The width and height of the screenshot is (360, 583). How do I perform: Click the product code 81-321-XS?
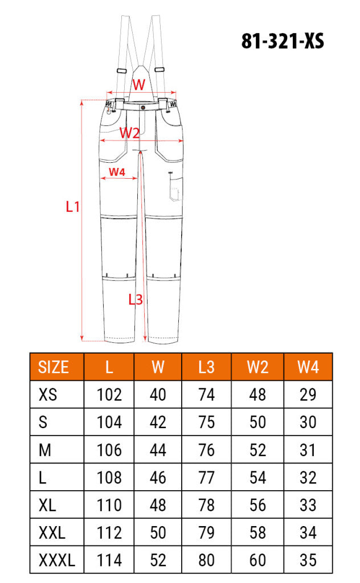pyautogui.click(x=283, y=41)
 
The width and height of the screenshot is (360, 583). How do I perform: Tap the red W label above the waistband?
pyautogui.click(x=139, y=84)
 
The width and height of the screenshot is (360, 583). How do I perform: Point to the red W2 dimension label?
pyautogui.click(x=129, y=133)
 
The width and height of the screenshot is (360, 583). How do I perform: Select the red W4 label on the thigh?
pyautogui.click(x=117, y=172)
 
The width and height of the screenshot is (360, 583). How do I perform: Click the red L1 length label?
pyautogui.click(x=72, y=206)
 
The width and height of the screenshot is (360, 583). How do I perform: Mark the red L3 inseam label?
pyautogui.click(x=136, y=299)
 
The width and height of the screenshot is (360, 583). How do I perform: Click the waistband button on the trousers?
pyautogui.click(x=143, y=107)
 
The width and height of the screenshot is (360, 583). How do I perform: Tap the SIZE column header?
pyautogui.click(x=53, y=367)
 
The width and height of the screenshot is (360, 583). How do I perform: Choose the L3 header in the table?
pyautogui.click(x=206, y=367)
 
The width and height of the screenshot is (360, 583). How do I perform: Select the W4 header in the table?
pyautogui.click(x=308, y=367)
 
